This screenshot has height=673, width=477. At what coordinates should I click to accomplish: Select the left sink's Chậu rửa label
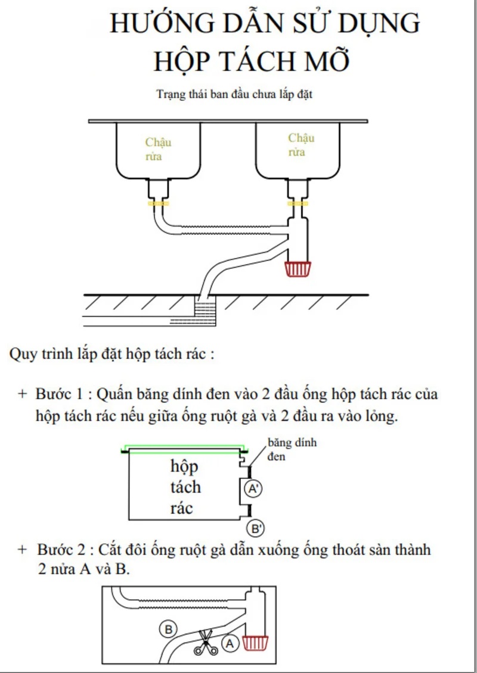157,150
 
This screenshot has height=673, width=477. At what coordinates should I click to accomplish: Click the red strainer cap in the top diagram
298,269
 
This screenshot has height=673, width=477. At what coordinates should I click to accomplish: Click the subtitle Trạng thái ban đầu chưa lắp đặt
234,94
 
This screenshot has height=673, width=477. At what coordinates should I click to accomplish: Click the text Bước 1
63,395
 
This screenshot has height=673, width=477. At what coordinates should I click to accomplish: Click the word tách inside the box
185,487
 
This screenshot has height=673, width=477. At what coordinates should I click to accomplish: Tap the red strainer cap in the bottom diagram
256,643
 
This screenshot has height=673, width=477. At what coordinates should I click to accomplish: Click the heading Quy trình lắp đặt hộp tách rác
111,353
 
